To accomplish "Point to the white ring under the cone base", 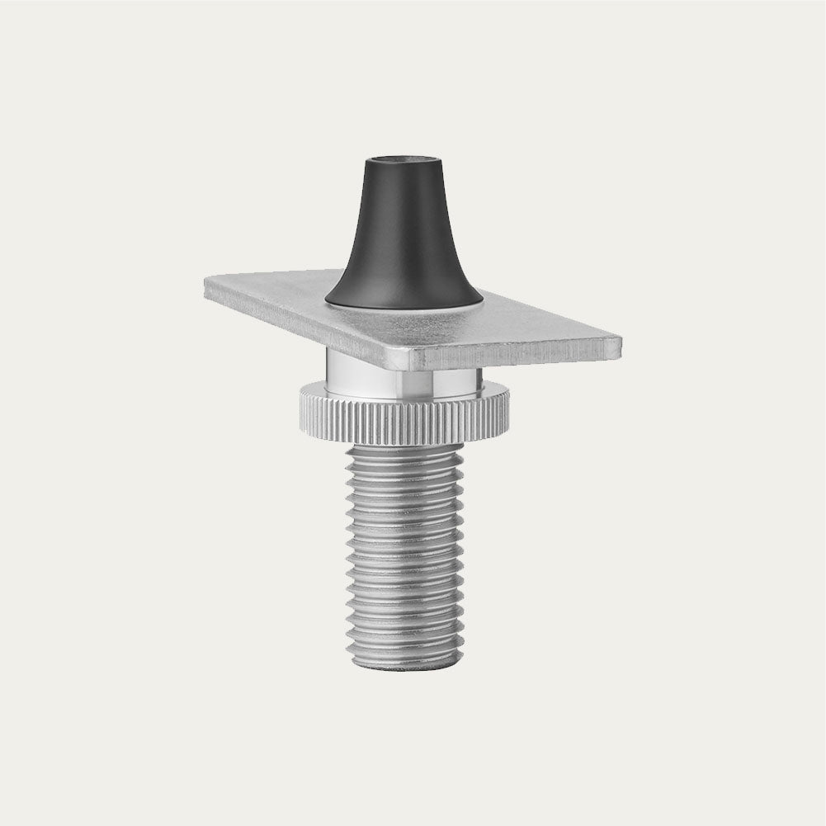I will point(403,308).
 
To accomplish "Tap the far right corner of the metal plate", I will point(620,340).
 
